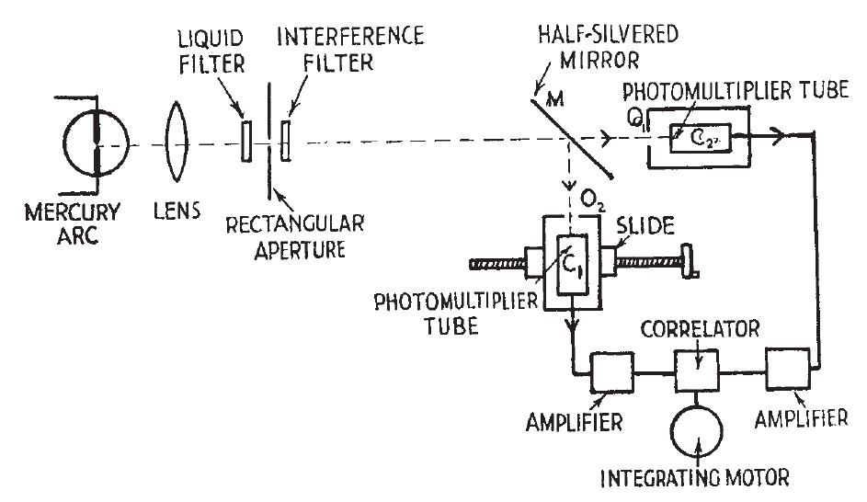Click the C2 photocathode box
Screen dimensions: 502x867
[698, 137]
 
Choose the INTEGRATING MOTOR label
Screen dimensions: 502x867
[697, 480]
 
